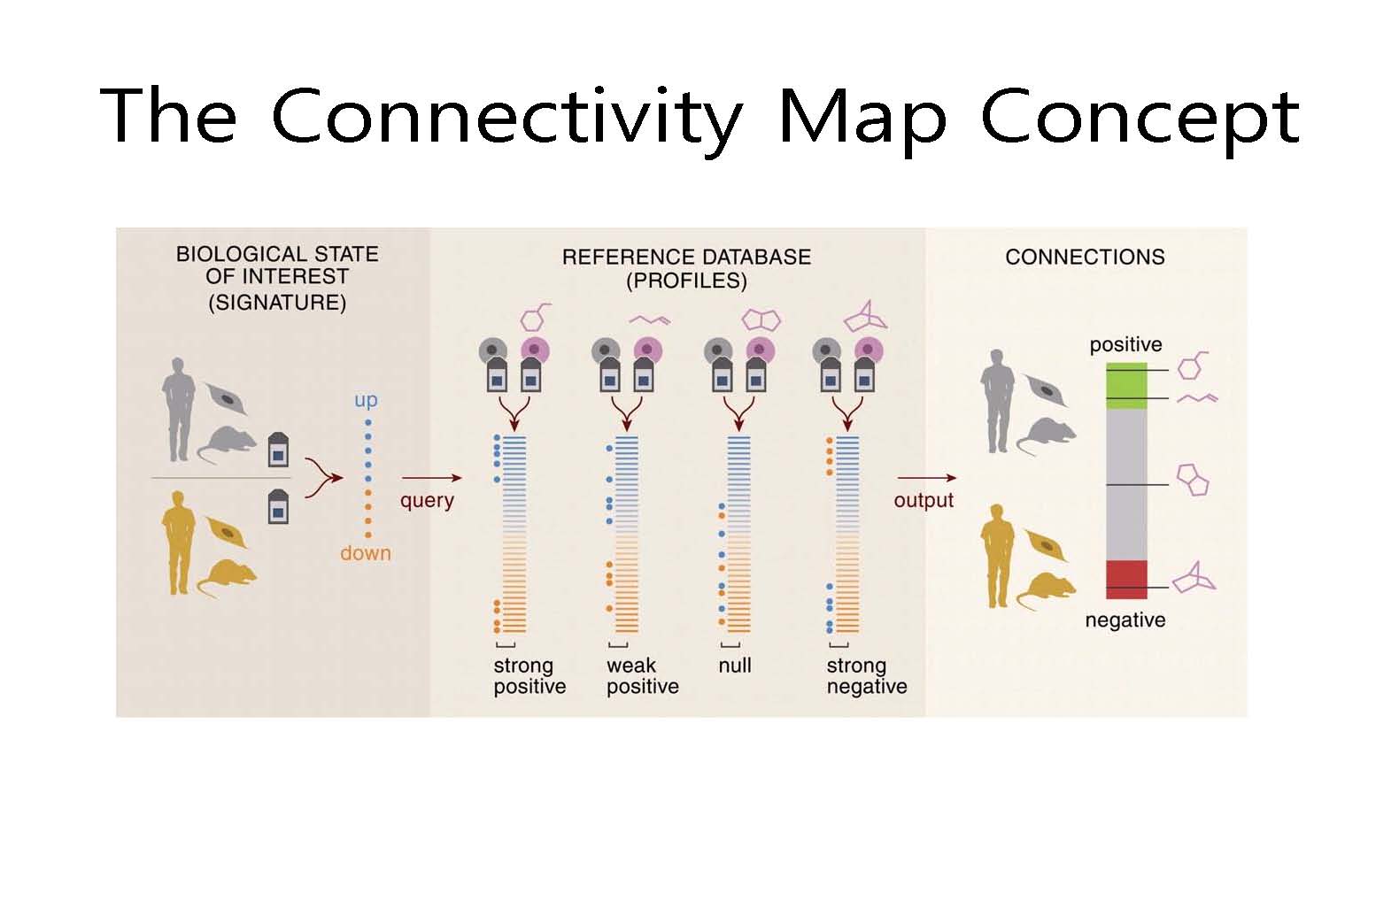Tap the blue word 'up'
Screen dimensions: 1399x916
tap(366, 400)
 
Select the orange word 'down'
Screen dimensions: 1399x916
tap(366, 553)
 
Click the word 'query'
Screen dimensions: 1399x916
tap(427, 501)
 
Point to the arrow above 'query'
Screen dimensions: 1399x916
tap(431, 478)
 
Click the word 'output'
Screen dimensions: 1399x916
tap(924, 500)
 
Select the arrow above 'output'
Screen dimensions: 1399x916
tap(927, 478)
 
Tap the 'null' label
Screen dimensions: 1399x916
tap(735, 666)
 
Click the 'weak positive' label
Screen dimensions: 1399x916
tap(643, 676)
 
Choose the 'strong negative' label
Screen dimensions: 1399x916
tap(867, 676)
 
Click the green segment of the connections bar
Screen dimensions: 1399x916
tap(1126, 386)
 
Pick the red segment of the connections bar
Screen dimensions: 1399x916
tap(1126, 580)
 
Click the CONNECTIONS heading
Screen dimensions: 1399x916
tap(1085, 258)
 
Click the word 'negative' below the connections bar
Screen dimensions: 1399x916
tap(1125, 620)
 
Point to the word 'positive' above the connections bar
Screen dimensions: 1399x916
tap(1125, 344)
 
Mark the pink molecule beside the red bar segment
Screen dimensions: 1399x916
tap(1194, 578)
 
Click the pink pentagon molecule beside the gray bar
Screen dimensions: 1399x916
tap(1193, 481)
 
